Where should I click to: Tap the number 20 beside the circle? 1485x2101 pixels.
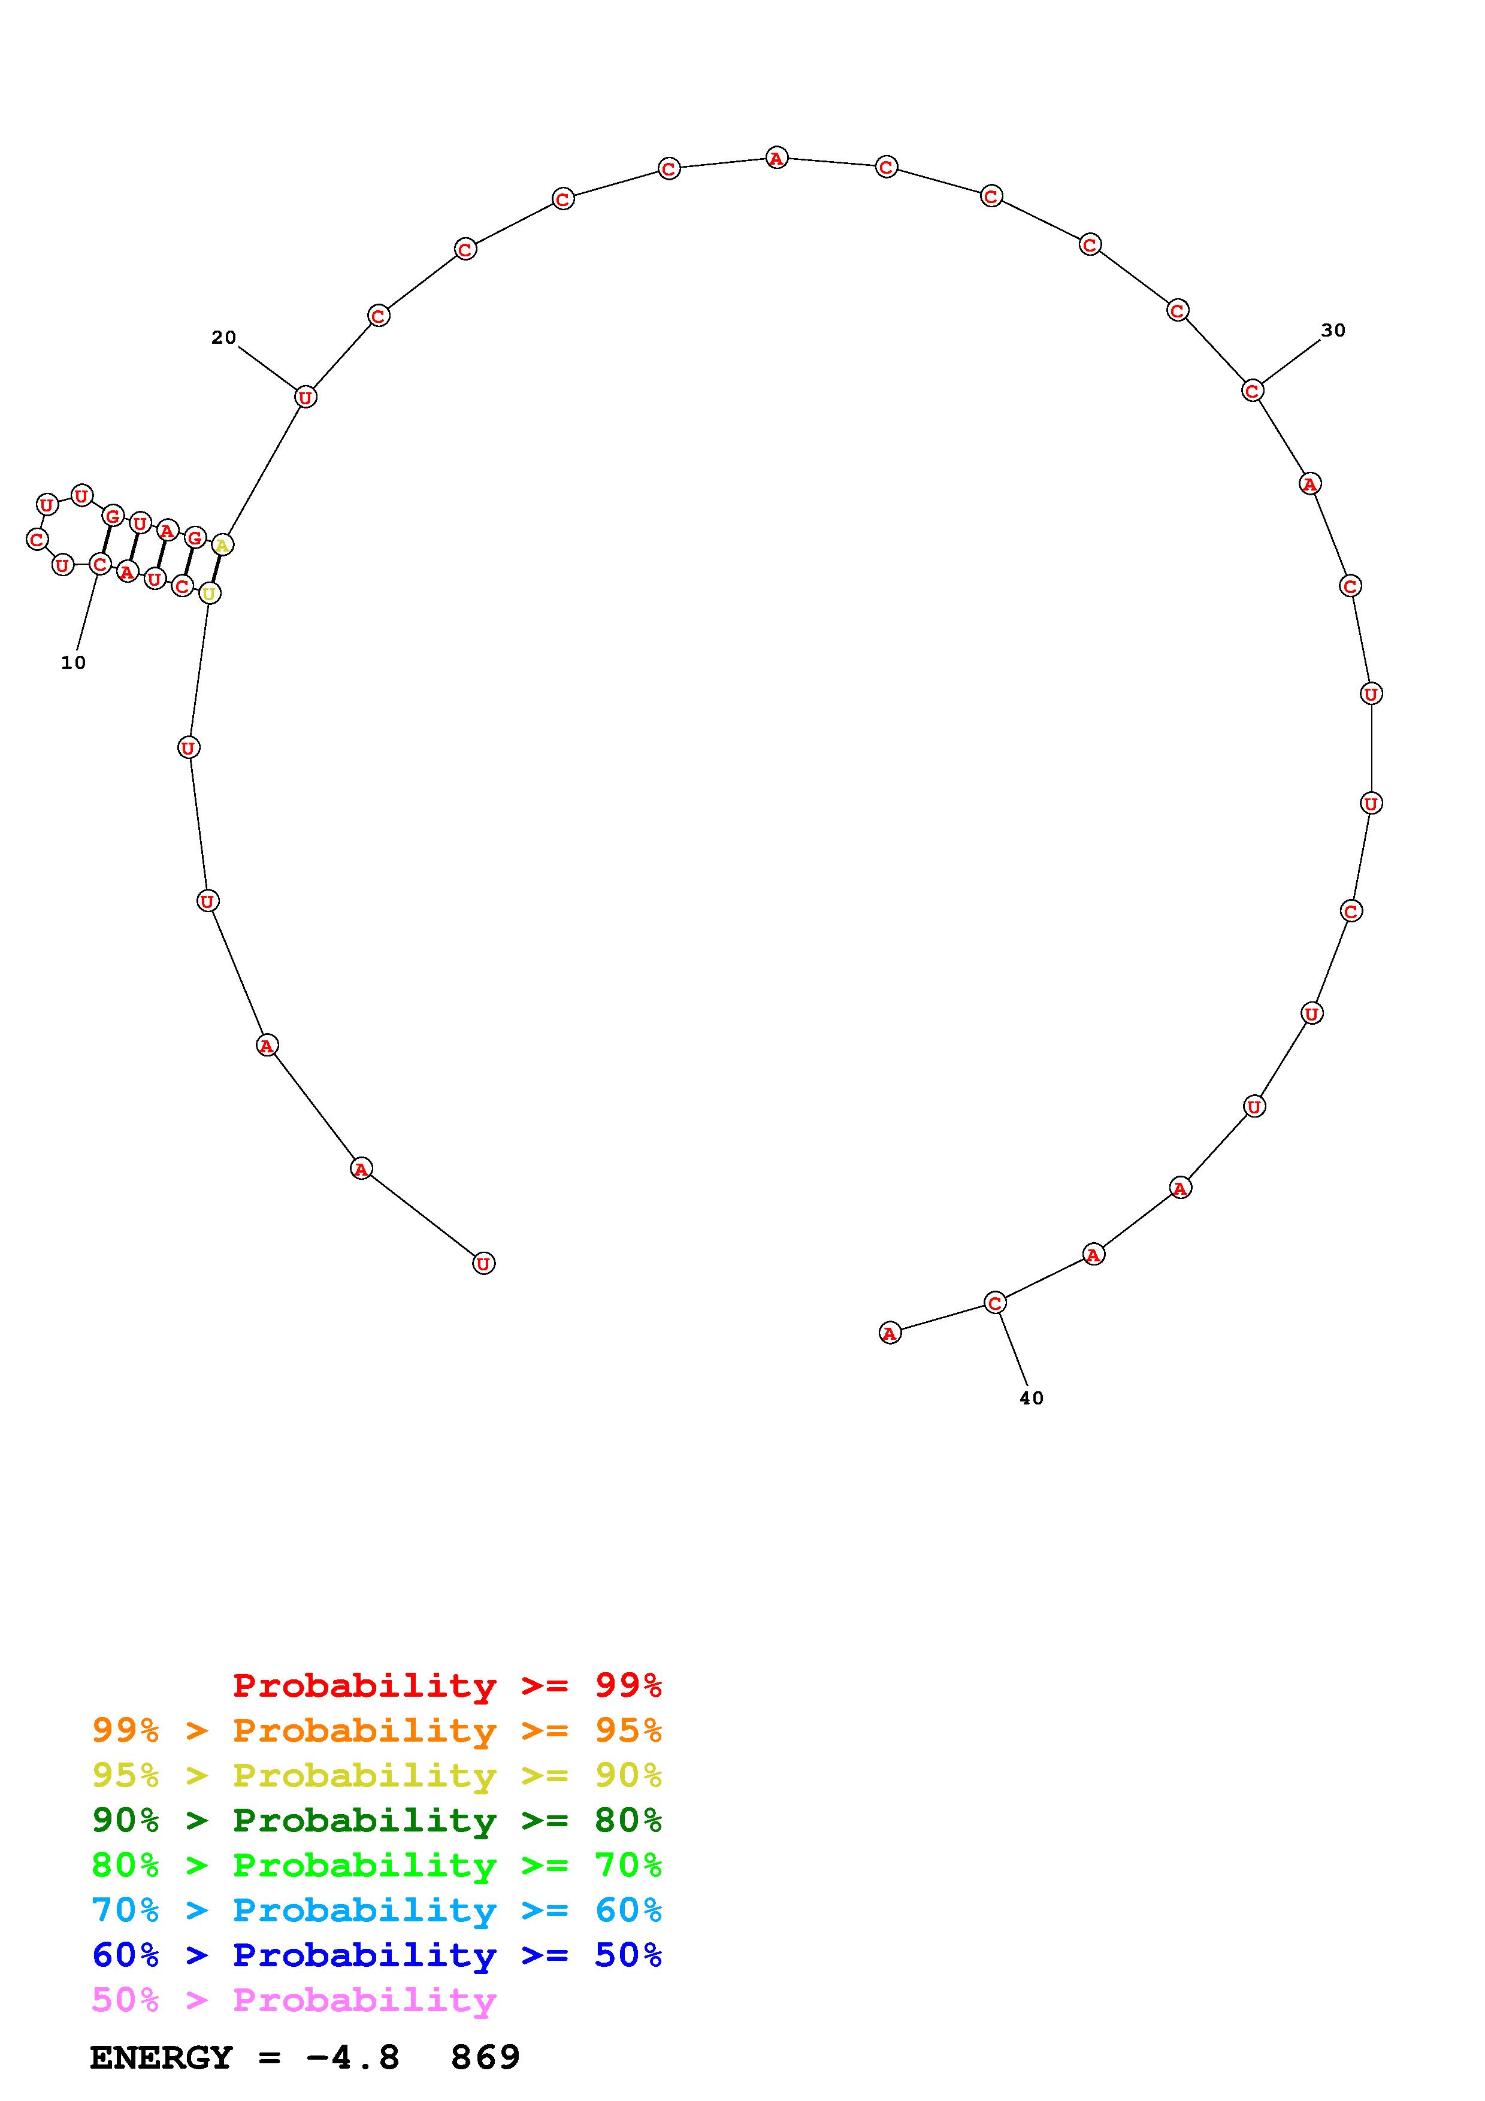(224, 338)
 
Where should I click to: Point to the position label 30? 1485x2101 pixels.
(1333, 331)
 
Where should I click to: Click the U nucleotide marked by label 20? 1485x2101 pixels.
(306, 397)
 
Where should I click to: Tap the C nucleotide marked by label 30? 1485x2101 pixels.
(1253, 390)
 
